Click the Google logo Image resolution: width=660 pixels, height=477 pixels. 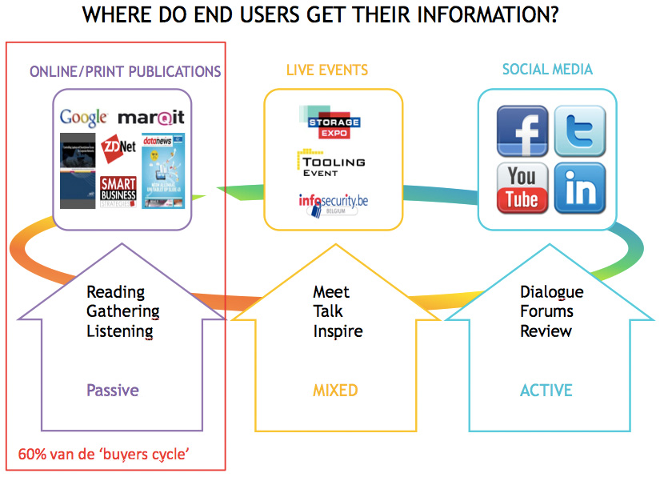(84, 118)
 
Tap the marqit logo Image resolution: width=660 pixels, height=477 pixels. (151, 117)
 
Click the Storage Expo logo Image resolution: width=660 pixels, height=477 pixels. (334, 122)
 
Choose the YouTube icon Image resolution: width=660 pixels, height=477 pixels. (522, 187)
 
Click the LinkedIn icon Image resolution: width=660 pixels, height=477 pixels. (579, 187)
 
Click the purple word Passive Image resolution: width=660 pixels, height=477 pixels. (113, 391)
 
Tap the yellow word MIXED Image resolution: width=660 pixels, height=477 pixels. (335, 391)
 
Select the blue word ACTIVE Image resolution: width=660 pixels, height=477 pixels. (546, 391)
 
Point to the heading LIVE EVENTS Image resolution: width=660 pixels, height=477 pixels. (327, 70)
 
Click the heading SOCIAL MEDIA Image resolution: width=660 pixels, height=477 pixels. (547, 70)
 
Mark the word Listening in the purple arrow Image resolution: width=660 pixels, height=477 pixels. (120, 330)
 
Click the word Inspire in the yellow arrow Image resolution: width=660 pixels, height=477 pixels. (338, 331)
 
